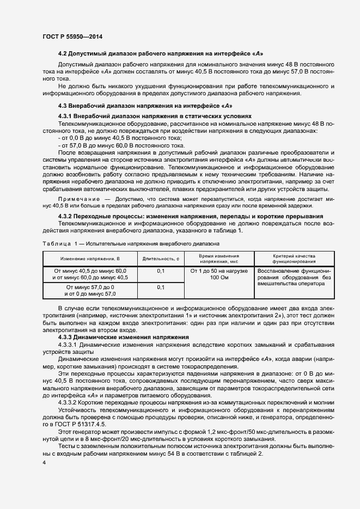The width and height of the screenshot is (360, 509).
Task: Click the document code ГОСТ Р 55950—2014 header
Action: coord(72,36)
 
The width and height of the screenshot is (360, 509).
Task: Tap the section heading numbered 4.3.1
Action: coord(155,116)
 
